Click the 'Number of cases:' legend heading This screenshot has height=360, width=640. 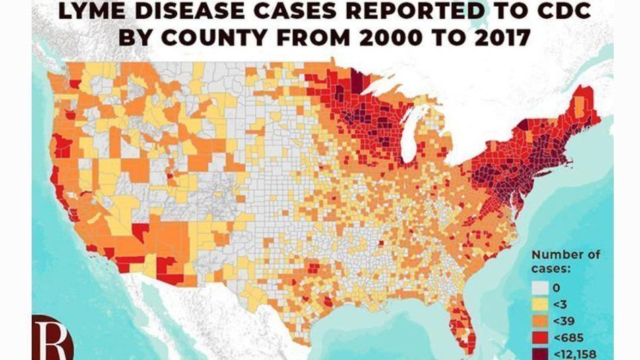[565, 262]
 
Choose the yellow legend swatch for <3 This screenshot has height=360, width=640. [539, 303]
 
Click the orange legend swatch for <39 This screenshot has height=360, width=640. [539, 320]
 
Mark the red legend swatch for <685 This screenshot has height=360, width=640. [539, 337]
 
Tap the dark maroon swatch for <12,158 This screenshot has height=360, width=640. [539, 353]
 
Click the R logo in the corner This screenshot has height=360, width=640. [53, 336]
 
